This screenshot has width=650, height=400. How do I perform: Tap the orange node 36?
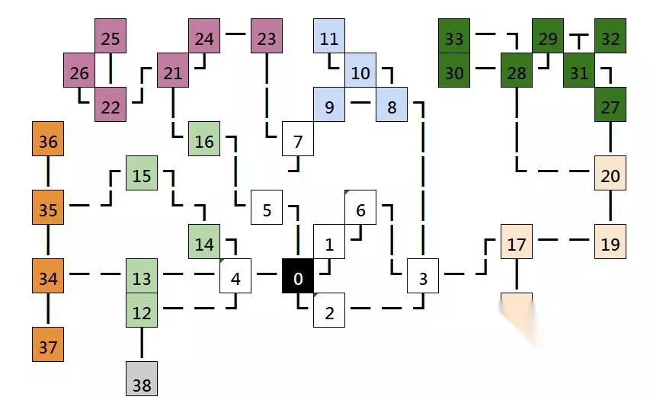[x=48, y=142]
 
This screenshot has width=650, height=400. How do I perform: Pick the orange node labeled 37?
[x=48, y=347]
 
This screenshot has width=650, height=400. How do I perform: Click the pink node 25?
[x=110, y=39]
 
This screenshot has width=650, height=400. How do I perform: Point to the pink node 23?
[x=267, y=39]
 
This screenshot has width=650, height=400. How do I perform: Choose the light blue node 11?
[x=329, y=39]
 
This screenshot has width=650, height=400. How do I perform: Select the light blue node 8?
[x=392, y=107]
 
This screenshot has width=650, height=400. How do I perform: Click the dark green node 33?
[x=454, y=39]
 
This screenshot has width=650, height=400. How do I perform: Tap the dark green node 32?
[x=610, y=39]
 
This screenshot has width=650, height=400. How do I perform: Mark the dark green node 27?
[x=610, y=107]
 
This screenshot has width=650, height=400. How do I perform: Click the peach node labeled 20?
[x=610, y=176]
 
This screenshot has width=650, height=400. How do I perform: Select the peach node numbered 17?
[x=517, y=245]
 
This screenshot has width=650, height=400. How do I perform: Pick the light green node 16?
[x=204, y=142]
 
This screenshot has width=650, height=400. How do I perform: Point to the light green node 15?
[x=142, y=176]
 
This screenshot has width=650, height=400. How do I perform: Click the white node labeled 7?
[x=298, y=142]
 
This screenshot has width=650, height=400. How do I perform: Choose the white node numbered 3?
[x=423, y=279]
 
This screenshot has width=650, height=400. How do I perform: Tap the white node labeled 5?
[x=267, y=210]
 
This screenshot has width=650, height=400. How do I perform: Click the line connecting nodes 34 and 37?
[x=48, y=313]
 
